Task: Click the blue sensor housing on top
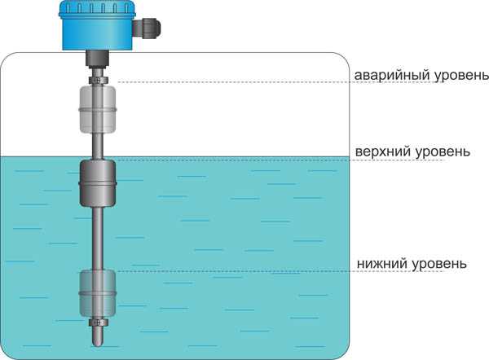98,25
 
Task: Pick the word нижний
382,264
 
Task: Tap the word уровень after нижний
439,265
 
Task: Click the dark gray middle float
98,183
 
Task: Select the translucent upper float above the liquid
98,109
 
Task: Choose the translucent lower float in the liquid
98,293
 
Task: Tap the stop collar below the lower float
98,323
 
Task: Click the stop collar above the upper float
99,80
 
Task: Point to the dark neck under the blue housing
98,59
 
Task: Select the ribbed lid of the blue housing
98,7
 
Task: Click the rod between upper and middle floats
98,146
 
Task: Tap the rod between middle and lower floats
98,239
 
